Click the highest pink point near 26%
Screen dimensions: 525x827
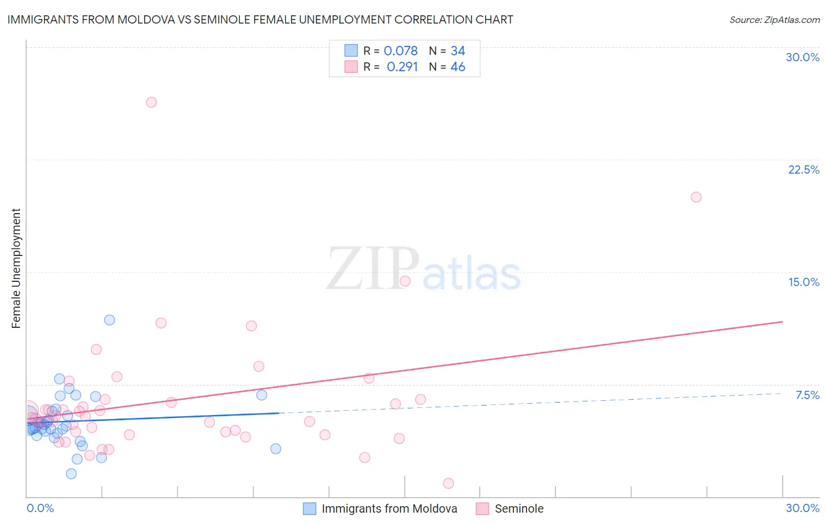151,102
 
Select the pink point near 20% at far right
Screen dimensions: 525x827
696,197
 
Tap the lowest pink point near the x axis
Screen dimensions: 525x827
448,483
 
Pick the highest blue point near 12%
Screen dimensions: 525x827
109,320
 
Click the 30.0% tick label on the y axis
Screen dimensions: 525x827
802,57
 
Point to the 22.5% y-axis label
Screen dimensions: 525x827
803,170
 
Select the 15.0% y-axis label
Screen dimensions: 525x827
803,282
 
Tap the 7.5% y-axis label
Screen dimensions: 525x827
807,395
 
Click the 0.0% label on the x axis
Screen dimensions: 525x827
40,508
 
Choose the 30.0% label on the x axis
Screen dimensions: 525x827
802,508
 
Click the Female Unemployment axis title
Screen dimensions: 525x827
16,268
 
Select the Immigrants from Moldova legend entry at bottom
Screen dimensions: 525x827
389,509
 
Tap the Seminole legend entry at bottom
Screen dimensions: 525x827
519,509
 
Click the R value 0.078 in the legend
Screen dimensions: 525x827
401,51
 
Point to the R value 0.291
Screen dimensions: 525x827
402,67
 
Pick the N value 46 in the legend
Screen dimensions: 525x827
458,67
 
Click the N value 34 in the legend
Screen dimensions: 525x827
458,51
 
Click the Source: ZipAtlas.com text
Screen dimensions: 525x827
774,20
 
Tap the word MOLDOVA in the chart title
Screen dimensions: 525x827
148,20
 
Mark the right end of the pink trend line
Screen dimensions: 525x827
782,322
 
